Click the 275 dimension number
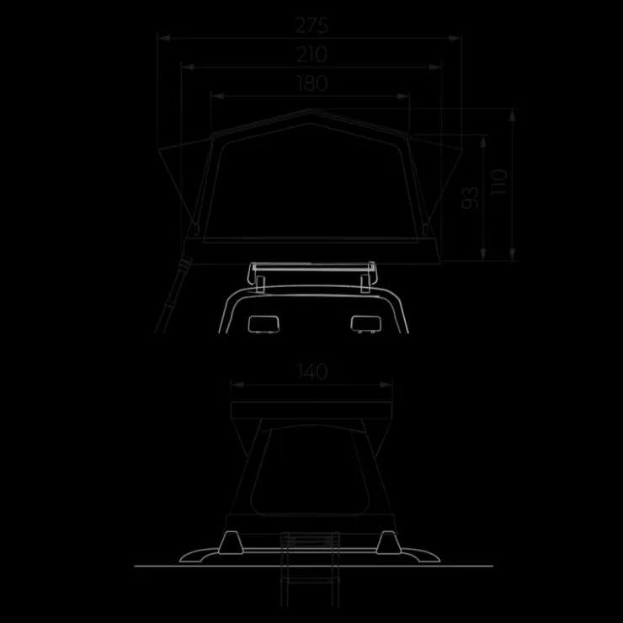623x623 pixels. coord(311,26)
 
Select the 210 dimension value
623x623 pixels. coord(311,55)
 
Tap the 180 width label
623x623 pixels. coord(312,83)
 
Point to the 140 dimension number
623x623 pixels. coord(312,372)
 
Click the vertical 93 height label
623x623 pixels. coord(470,198)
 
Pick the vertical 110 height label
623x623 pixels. coord(499,182)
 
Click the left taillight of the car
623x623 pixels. coord(264,324)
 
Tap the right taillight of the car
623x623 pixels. coord(366,324)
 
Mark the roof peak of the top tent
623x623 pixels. coord(311,109)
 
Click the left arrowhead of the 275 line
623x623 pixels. coord(164,38)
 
